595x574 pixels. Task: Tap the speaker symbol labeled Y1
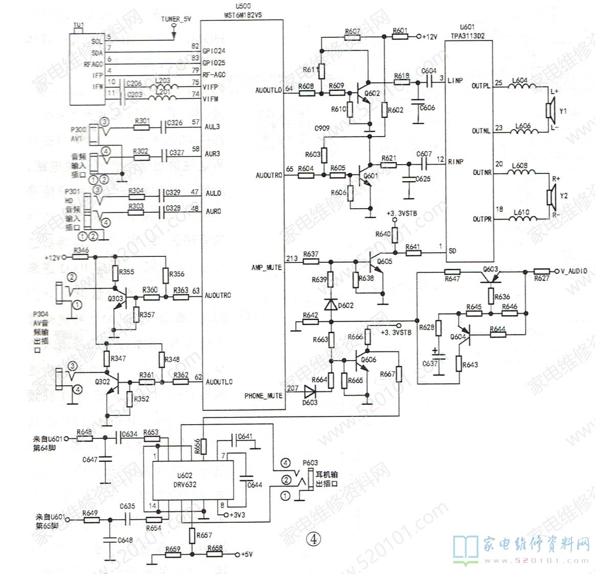[x=549, y=111]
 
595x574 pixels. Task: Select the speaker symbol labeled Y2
[x=549, y=196]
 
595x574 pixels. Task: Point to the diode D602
[x=330, y=304]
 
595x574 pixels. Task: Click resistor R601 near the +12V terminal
[x=400, y=37]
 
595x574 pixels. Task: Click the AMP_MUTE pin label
[x=267, y=268]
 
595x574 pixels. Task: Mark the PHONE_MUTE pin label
[x=263, y=395]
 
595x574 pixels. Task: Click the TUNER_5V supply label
[x=176, y=19]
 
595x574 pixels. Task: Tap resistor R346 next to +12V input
[x=81, y=256]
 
